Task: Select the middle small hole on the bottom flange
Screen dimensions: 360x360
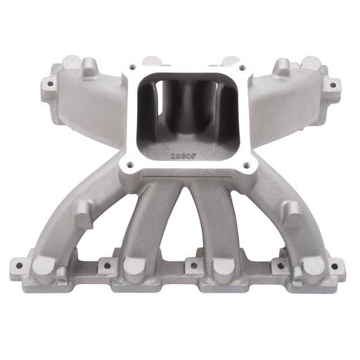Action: point(188,266)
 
